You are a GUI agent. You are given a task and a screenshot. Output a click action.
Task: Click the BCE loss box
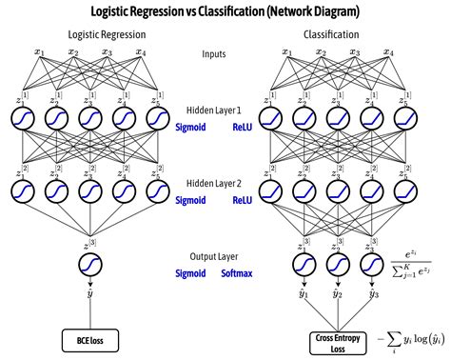pos(90,338)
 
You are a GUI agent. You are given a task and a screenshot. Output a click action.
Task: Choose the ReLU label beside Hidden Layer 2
pos(243,200)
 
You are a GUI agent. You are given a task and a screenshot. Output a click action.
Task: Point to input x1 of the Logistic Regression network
pos(40,52)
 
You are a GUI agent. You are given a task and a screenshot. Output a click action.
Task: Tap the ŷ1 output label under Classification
pos(302,292)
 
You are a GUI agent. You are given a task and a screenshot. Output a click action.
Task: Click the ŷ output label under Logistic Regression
pos(90,294)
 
